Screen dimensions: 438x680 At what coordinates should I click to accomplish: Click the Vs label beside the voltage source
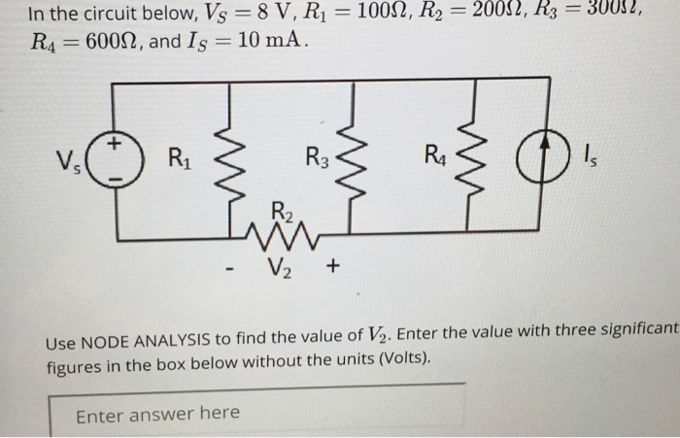click(x=71, y=160)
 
